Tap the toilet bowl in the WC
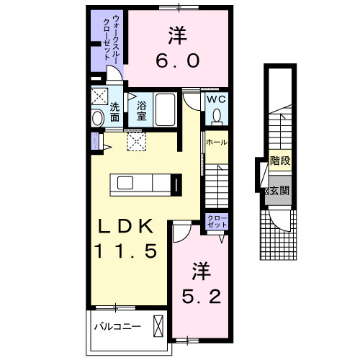[216, 115]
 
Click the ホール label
[216, 143]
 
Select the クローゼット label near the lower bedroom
[216, 221]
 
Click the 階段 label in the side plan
[279, 162]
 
